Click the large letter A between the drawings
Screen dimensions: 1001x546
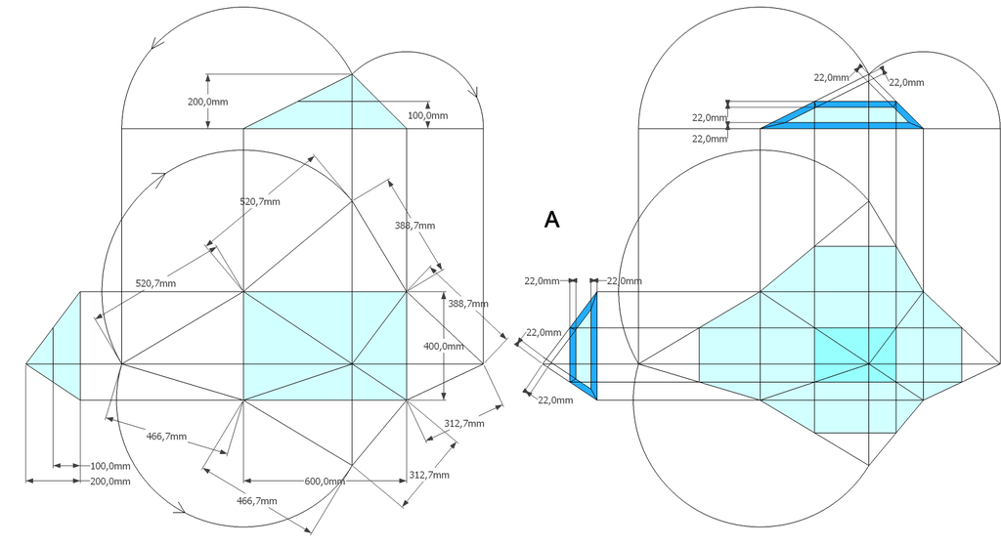(551, 220)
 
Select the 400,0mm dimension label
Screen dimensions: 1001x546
(444, 347)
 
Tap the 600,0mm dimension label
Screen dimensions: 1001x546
(325, 481)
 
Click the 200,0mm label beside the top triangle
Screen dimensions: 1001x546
(207, 102)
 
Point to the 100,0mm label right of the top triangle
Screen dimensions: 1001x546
(428, 115)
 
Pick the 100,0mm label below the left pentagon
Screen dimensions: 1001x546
(109, 466)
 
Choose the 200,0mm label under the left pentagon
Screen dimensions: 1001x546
(109, 481)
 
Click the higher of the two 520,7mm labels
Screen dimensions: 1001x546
(260, 201)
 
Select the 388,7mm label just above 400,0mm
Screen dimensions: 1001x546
(468, 304)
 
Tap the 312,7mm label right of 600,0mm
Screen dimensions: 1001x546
(429, 475)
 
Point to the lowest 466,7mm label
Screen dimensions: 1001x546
(257, 501)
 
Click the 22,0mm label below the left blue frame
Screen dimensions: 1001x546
(555, 399)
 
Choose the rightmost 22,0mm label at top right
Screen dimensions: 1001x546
(906, 82)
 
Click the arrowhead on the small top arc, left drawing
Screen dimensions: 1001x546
(474, 92)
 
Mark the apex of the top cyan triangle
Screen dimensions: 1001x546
(352, 74)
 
